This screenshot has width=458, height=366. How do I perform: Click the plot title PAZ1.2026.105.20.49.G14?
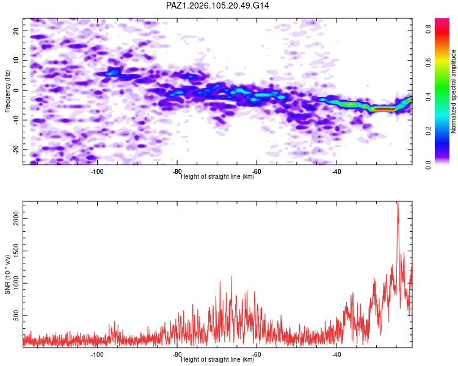pyautogui.click(x=217, y=5)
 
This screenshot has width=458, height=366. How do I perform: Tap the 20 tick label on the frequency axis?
pyautogui.click(x=16, y=30)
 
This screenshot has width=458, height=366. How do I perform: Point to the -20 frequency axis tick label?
pyautogui.click(x=16, y=149)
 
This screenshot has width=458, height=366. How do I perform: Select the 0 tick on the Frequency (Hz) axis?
pyautogui.click(x=16, y=90)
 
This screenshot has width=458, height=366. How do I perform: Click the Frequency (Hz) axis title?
pyautogui.click(x=7, y=91)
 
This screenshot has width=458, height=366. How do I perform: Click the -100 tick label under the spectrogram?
pyautogui.click(x=97, y=171)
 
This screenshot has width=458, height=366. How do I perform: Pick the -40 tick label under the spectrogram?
pyautogui.click(x=336, y=171)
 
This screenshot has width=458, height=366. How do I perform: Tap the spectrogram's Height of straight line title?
pyautogui.click(x=217, y=176)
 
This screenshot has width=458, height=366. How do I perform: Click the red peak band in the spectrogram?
pyautogui.click(x=383, y=109)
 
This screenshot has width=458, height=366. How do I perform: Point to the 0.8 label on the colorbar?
pyautogui.click(x=428, y=29)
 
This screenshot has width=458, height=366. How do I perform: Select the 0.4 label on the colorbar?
pyautogui.click(x=428, y=97)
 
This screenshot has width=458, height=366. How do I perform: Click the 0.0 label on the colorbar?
pyautogui.click(x=428, y=165)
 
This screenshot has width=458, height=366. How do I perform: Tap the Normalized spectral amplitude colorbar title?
pyautogui.click(x=453, y=91)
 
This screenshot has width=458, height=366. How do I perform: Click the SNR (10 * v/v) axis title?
pyautogui.click(x=7, y=274)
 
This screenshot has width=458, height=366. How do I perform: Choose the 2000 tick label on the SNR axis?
pyautogui.click(x=16, y=218)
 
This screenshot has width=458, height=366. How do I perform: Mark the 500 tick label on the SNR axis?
pyautogui.click(x=16, y=315)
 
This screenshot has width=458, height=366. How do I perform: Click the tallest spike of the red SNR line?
pyautogui.click(x=398, y=202)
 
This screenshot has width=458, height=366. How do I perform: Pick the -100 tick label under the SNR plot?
pyautogui.click(x=97, y=354)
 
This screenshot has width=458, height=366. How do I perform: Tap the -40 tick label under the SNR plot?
pyautogui.click(x=336, y=354)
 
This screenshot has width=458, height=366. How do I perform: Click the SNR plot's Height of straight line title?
pyautogui.click(x=217, y=359)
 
